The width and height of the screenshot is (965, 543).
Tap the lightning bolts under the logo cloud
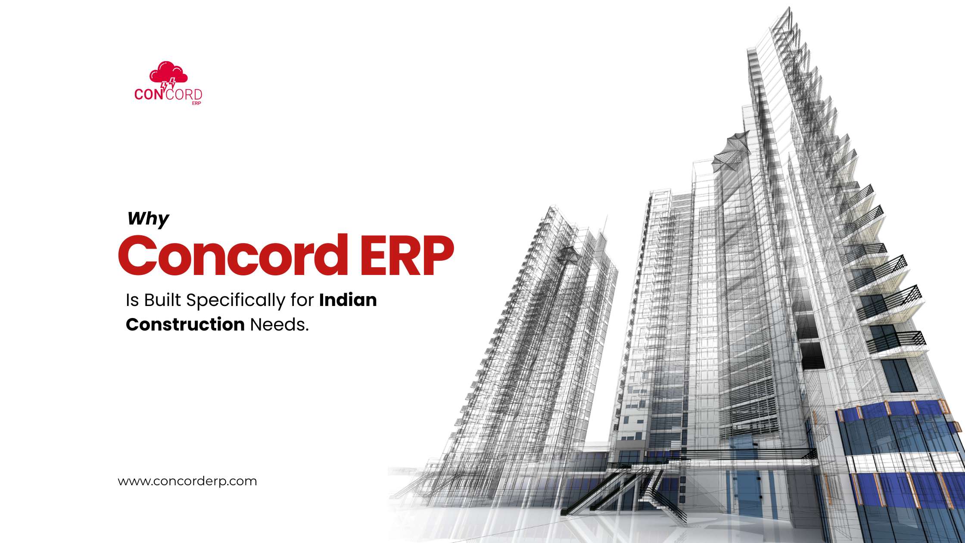click(x=168, y=84)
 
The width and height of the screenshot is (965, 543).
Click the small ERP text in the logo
click(x=196, y=103)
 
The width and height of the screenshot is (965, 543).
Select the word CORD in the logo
click(x=184, y=94)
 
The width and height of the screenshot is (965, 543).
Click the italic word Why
click(x=148, y=219)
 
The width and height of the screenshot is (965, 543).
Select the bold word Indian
click(x=348, y=300)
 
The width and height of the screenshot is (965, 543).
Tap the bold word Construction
click(x=185, y=324)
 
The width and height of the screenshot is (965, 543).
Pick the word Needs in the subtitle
click(x=279, y=324)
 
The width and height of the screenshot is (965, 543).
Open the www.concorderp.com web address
click(x=187, y=481)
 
